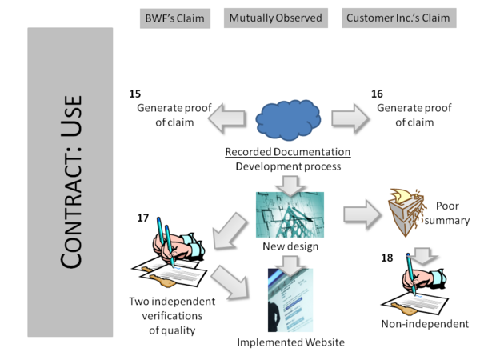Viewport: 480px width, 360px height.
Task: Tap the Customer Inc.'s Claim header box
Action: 397,18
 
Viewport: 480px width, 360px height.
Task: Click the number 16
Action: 377,94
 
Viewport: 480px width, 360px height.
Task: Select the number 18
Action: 386,258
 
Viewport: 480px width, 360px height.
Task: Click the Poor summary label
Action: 453,212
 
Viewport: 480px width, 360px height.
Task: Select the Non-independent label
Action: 425,324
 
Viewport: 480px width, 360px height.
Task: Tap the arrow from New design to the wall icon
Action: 364,214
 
